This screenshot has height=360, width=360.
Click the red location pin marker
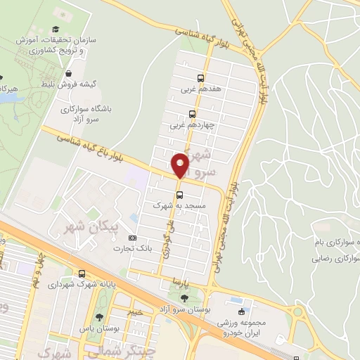180,165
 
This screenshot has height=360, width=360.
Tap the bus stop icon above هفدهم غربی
201,78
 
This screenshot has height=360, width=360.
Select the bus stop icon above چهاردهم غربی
193,114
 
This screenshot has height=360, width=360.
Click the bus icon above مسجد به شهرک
179,195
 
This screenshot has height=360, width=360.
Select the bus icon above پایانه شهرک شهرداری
82,274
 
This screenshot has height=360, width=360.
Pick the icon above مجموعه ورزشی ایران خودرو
242,311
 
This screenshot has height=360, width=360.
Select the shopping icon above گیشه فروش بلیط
68,72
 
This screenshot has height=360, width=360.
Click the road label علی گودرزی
169,239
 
